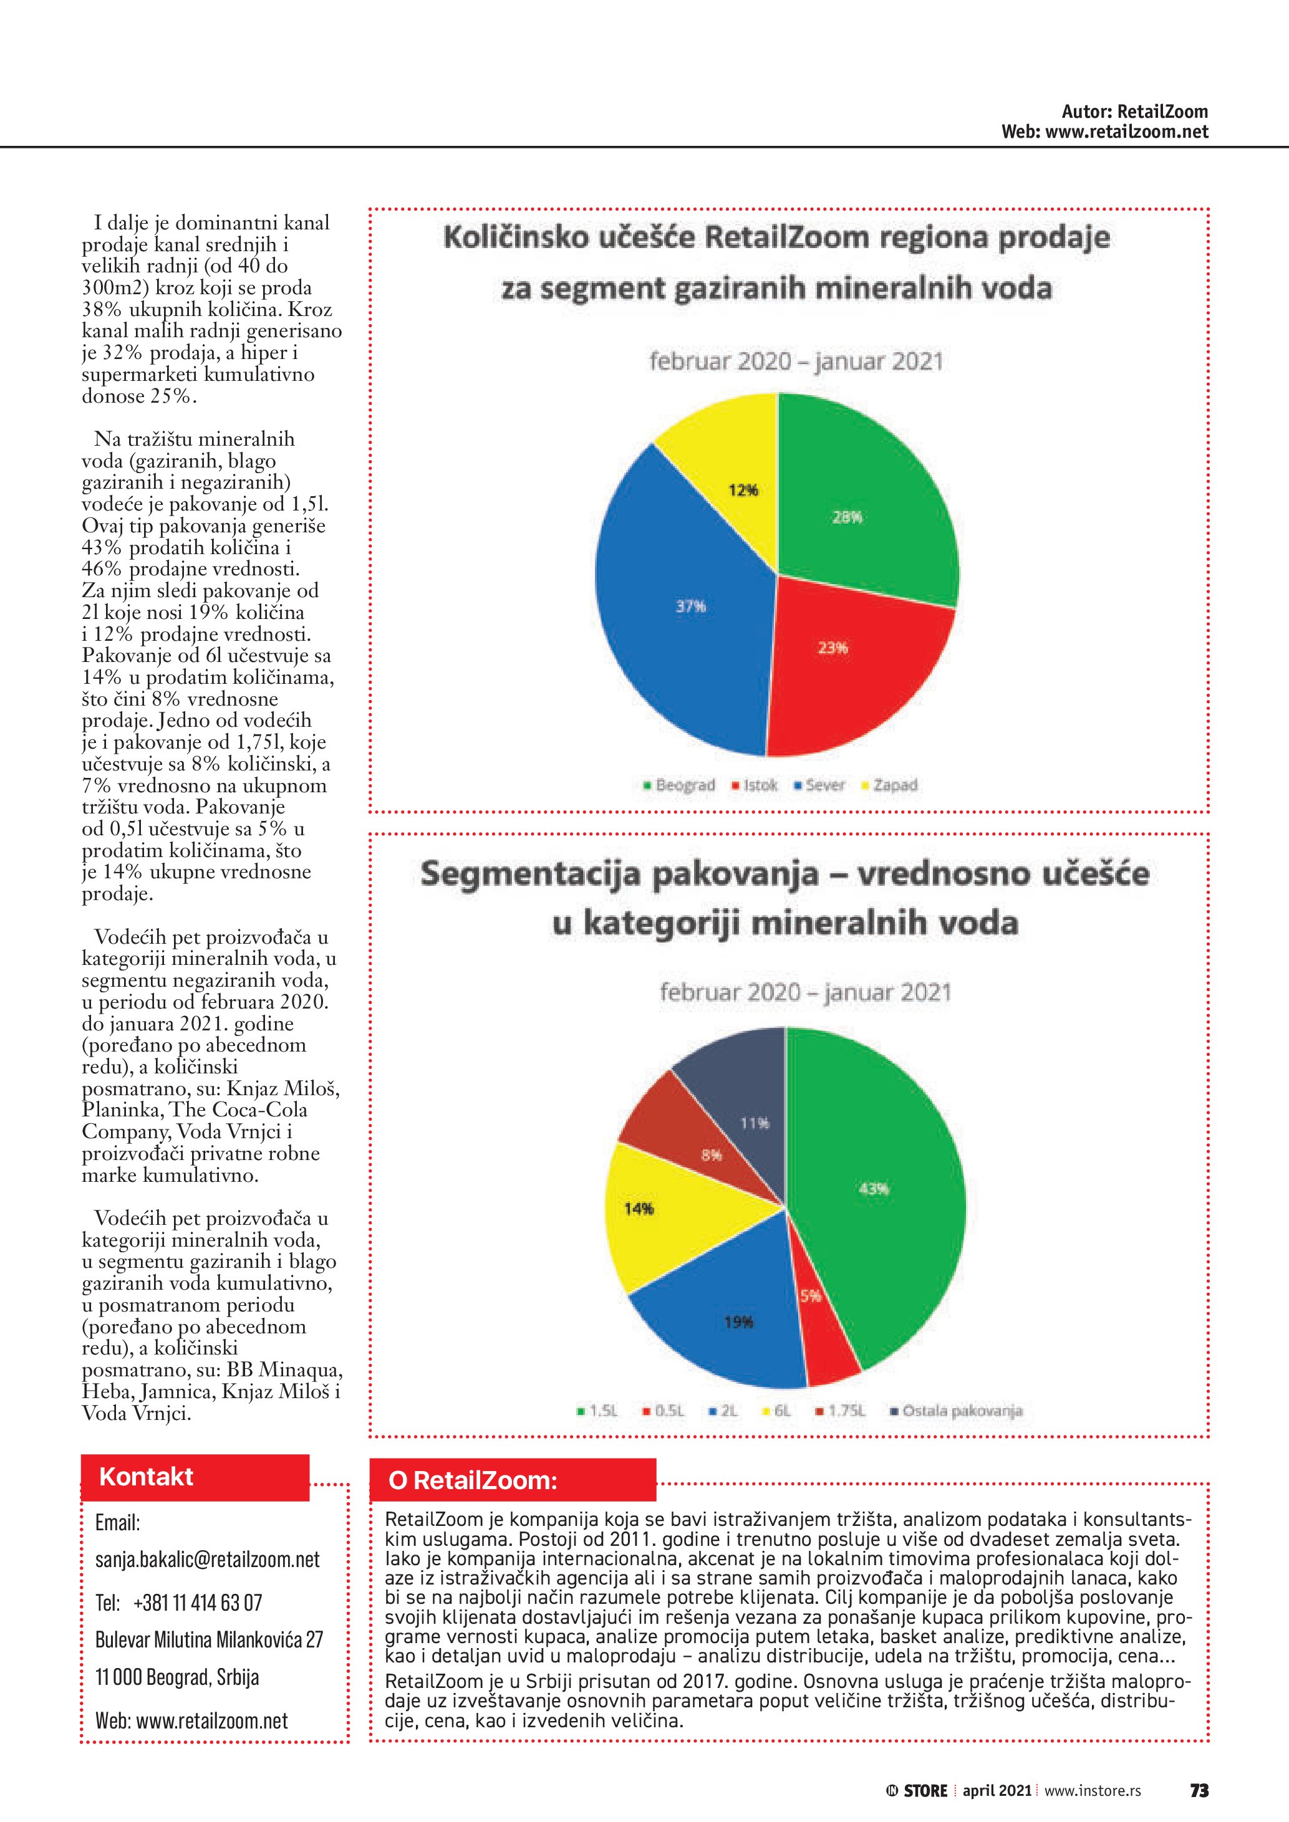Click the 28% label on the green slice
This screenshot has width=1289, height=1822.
(847, 517)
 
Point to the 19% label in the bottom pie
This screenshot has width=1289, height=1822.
(738, 1322)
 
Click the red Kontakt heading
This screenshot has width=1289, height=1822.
(146, 1477)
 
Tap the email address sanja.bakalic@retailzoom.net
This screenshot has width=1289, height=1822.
(207, 1560)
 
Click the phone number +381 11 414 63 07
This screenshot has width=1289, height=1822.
(197, 1602)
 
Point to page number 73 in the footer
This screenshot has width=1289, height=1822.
(1199, 1790)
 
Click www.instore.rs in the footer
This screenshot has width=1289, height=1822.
(1092, 1790)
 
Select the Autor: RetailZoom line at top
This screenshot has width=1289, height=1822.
(1134, 112)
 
